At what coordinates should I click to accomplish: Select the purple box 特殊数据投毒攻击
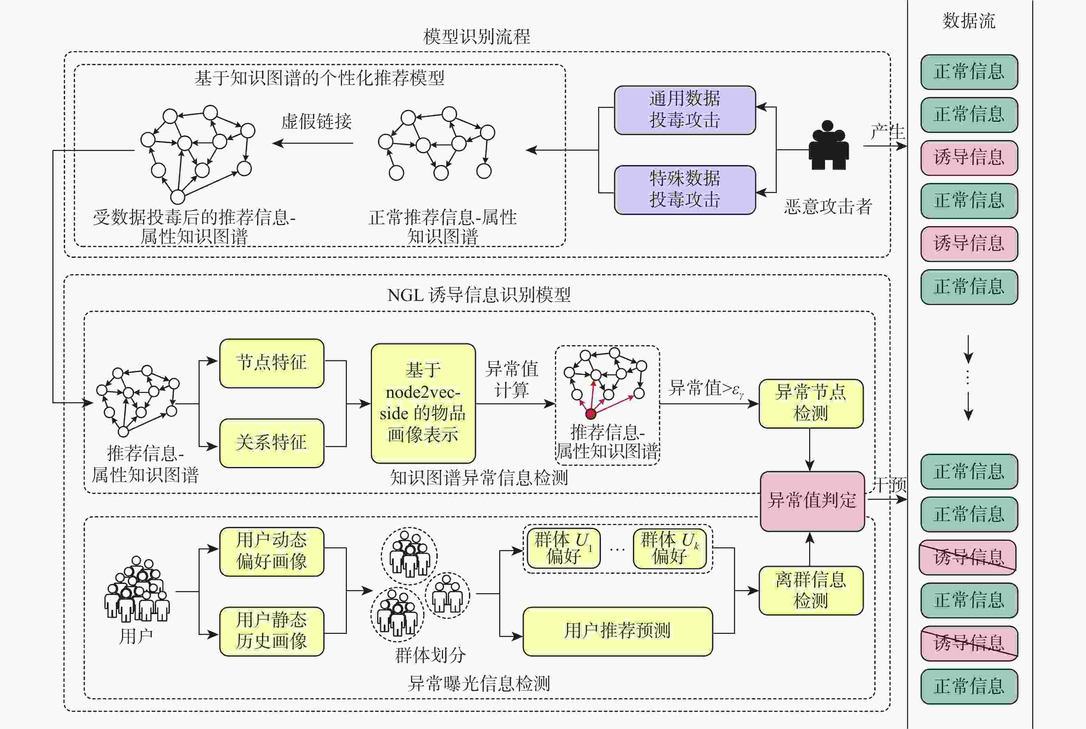pos(684,190)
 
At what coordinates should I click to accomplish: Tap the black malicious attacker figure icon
pos(828,145)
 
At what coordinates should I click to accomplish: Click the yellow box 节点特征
pos(272,363)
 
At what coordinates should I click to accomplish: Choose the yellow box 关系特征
pos(272,443)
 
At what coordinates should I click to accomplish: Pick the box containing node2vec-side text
pos(423,403)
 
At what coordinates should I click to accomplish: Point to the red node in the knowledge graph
pos(591,413)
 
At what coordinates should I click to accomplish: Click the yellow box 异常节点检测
pos(811,403)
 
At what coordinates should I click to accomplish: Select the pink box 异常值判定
pos(812,501)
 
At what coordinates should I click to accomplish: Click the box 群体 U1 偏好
pos(563,548)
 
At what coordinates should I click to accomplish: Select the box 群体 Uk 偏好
pos(670,548)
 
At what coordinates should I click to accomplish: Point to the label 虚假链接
pos(316,122)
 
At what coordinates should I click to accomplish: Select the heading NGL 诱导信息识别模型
pos(479,295)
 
